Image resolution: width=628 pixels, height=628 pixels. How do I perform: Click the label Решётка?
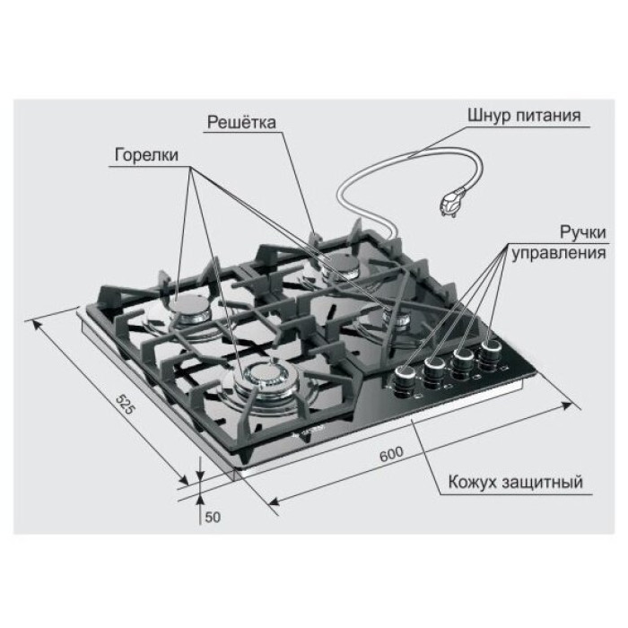[x=241, y=122]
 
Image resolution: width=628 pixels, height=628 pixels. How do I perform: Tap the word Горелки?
[x=146, y=155]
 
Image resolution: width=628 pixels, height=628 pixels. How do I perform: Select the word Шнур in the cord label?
[x=489, y=116]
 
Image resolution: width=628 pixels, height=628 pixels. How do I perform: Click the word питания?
[x=548, y=116]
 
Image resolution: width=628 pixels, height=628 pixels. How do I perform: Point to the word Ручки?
[x=583, y=232]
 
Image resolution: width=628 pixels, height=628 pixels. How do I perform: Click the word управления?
[x=559, y=254]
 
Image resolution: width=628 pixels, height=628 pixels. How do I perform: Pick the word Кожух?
[x=473, y=482]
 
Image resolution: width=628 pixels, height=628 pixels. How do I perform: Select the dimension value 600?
[x=391, y=454]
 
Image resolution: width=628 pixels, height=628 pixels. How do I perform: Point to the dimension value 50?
[x=213, y=518]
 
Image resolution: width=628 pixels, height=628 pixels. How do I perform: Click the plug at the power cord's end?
[x=452, y=204]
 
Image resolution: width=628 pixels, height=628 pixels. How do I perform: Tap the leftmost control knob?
[x=406, y=381]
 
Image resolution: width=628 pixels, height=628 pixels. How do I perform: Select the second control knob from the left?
[x=435, y=371]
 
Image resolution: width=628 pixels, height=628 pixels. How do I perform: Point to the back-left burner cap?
[x=189, y=309]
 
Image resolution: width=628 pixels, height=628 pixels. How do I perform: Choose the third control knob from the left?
[x=463, y=362]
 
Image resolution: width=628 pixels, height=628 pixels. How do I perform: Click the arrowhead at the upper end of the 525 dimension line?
[x=35, y=324]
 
